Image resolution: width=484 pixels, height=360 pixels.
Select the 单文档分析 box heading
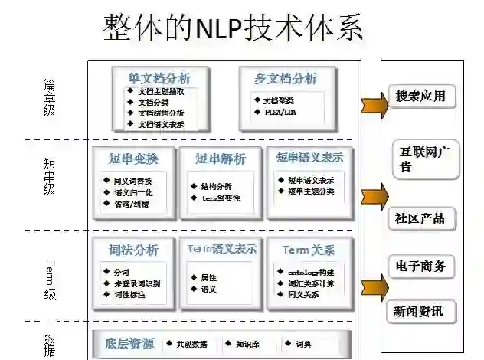click(159, 78)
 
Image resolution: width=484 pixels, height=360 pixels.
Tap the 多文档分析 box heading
click(285, 78)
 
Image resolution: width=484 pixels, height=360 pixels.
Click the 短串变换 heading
click(134, 159)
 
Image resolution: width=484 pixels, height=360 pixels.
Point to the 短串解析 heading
click(221, 159)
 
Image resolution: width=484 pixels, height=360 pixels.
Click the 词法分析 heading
click(134, 250)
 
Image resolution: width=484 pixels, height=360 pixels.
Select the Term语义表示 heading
click(221, 248)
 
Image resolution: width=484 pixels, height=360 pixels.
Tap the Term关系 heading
click(308, 250)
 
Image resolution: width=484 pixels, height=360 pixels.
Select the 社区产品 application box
click(420, 218)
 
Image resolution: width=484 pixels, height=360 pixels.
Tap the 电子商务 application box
click(420, 266)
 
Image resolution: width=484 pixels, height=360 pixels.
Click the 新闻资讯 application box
click(420, 311)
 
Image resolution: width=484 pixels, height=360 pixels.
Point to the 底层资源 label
click(130, 344)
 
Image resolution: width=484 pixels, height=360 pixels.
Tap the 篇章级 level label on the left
click(50, 97)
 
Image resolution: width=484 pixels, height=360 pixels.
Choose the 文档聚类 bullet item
click(277, 100)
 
